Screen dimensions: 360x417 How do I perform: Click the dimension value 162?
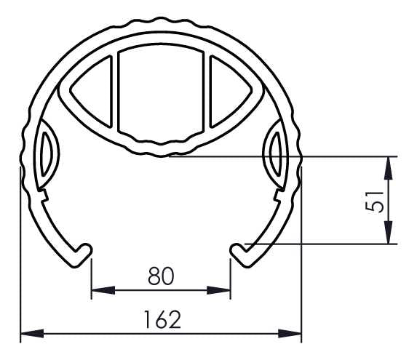tap(161, 319)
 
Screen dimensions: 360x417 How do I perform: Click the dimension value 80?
tap(161, 276)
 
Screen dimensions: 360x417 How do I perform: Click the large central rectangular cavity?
tap(161, 95)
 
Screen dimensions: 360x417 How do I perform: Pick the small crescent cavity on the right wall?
tap(277, 153)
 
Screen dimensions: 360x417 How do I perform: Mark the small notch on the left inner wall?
tap(44, 194)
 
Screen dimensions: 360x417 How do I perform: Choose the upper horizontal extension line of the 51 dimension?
tap(291, 156)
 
